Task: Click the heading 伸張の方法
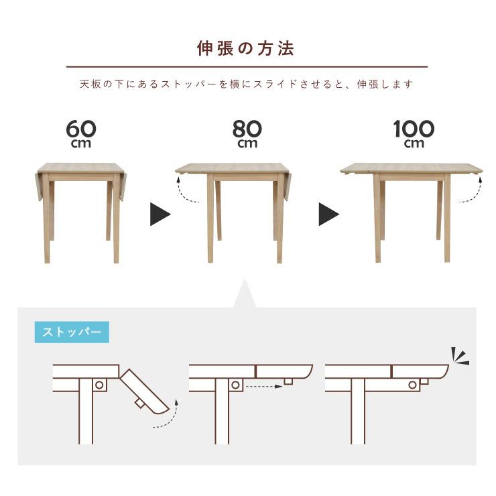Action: pyautogui.click(x=246, y=48)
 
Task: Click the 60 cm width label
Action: pyautogui.click(x=81, y=133)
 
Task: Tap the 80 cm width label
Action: pyautogui.click(x=247, y=133)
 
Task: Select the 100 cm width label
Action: pyautogui.click(x=414, y=133)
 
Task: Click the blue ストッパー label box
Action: pyautogui.click(x=71, y=332)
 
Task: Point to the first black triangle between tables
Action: pyautogui.click(x=160, y=214)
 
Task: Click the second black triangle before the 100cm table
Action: pyautogui.click(x=328, y=214)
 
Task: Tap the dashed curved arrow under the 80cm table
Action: pyautogui.click(x=189, y=193)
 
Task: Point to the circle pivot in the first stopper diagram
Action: pyautogui.click(x=99, y=385)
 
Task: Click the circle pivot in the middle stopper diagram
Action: pyautogui.click(x=235, y=385)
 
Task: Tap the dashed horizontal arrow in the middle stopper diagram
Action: pyautogui.click(x=262, y=386)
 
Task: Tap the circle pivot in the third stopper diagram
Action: pyautogui.click(x=413, y=384)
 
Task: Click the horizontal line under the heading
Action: pyautogui.click(x=246, y=67)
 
